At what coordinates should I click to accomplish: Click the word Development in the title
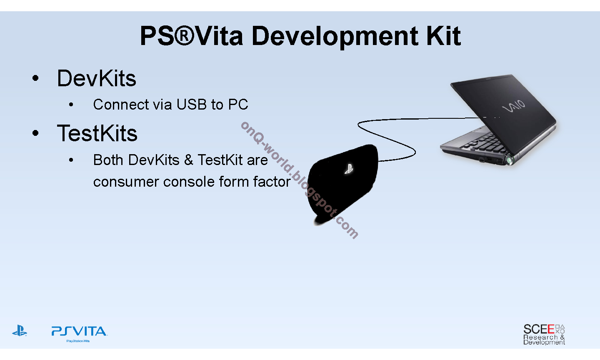335,37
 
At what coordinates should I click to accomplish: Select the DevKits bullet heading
96,78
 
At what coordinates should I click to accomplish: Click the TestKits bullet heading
97,133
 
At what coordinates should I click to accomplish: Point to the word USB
192,105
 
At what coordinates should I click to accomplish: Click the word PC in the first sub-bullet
238,105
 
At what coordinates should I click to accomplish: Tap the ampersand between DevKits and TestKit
189,160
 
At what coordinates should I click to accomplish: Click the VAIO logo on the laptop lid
513,106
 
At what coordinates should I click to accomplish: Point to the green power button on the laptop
509,160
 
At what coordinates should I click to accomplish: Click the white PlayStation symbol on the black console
349,169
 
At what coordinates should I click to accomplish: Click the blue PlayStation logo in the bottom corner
20,330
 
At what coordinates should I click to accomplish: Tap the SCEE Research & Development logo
544,334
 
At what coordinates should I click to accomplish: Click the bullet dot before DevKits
35,78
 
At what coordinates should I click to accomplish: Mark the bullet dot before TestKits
35,133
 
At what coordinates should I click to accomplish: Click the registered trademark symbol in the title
184,36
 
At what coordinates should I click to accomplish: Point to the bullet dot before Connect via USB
71,105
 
